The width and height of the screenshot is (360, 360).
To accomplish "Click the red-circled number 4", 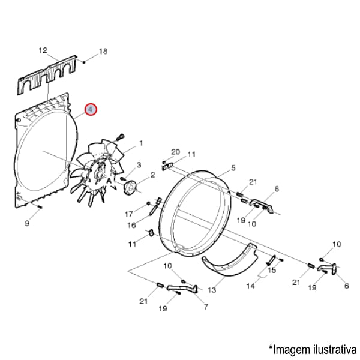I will (x=90, y=110).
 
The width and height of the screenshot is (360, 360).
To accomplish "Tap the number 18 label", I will (x=103, y=52).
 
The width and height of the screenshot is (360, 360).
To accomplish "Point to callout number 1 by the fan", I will (x=141, y=143).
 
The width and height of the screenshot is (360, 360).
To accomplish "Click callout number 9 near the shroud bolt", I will (x=27, y=224).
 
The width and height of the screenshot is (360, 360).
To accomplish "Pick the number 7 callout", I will (x=206, y=307).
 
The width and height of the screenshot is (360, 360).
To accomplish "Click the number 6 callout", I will (x=346, y=286).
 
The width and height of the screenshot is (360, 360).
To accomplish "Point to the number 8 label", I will (x=277, y=188).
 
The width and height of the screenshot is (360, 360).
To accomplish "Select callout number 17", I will (x=128, y=214).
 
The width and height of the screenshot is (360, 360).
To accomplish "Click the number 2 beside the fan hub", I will (x=152, y=175).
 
